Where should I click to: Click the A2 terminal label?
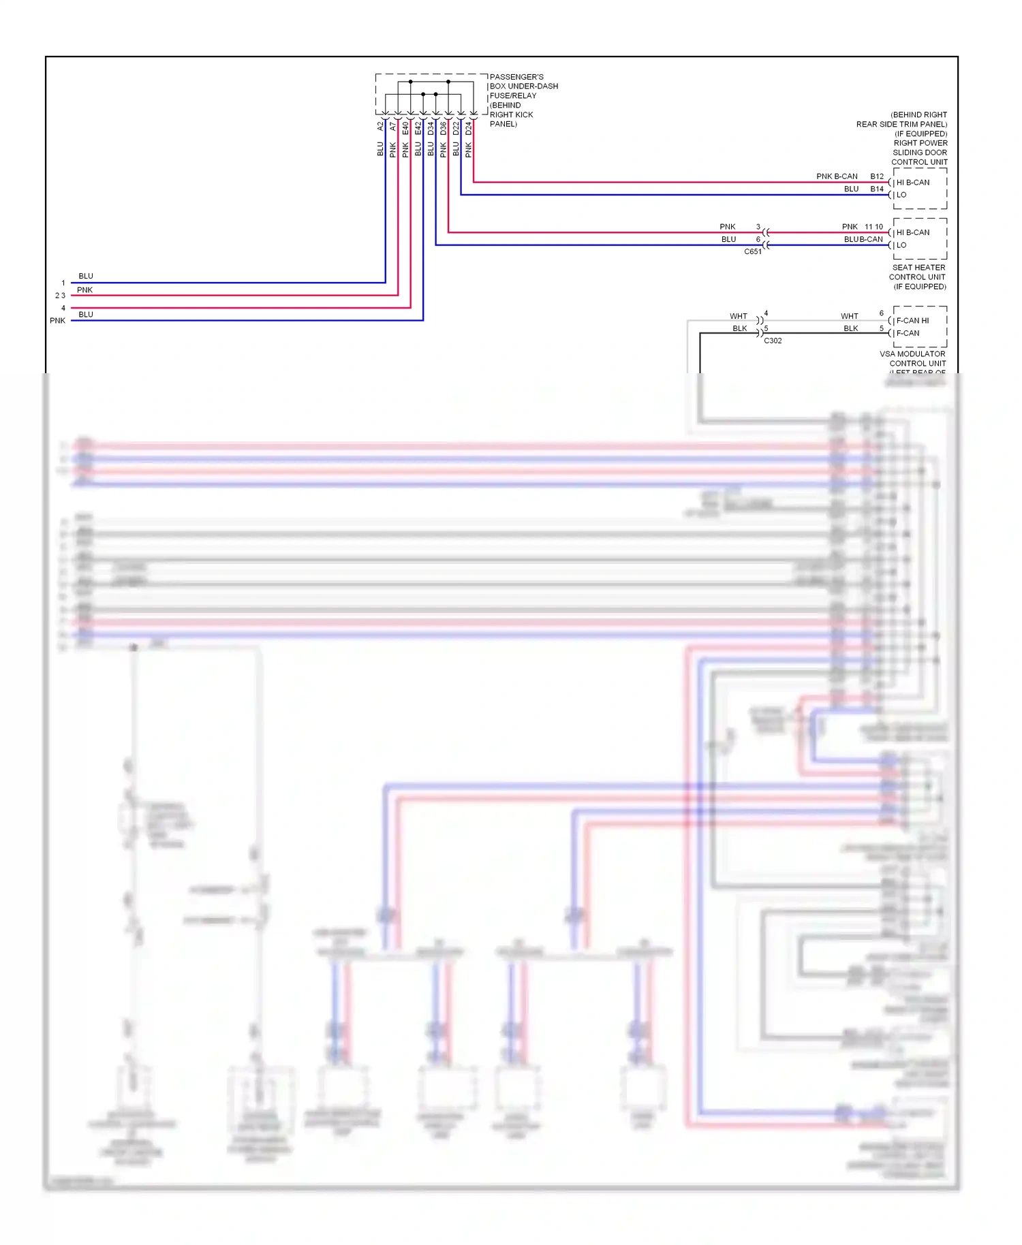(380, 127)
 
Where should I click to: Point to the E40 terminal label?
(405, 127)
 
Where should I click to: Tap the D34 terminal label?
(431, 127)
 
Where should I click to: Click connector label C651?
(753, 252)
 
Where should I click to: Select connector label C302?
(773, 341)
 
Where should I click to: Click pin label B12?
(877, 176)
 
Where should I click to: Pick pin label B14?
(877, 189)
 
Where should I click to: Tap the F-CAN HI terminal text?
(912, 321)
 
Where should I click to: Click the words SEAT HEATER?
(918, 268)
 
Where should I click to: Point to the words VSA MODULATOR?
(912, 354)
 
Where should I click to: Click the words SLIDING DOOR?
(920, 153)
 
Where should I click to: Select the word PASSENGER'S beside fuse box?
(516, 77)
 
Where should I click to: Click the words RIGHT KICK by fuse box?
(511, 114)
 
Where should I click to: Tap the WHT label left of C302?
(738, 317)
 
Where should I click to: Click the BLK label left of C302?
(739, 329)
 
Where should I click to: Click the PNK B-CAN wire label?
(837, 176)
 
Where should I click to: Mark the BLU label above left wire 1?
(86, 276)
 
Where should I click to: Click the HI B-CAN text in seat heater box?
(913, 233)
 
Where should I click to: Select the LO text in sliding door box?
(901, 195)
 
